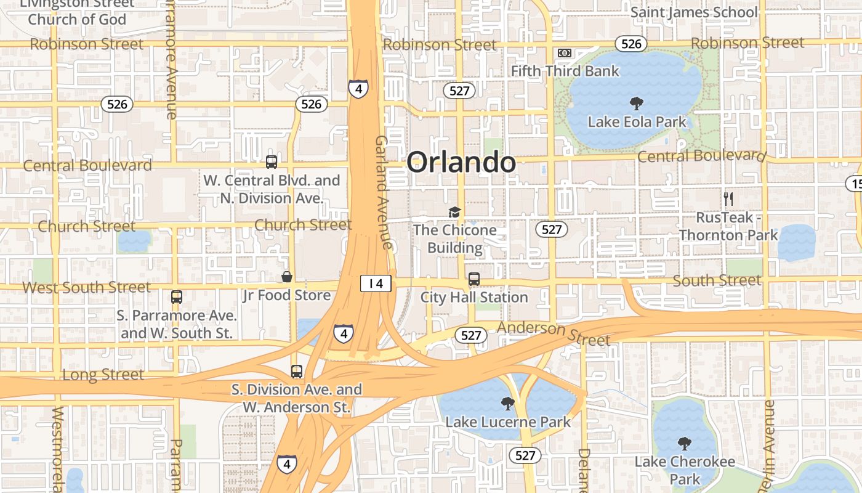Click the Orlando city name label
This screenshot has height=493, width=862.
pos(461,163)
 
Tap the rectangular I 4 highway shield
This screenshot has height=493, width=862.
pos(376,283)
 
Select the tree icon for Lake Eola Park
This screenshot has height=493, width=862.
pos(636,104)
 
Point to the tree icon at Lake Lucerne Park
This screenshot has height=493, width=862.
pos(508,404)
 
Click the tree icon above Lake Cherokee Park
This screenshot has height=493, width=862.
pos(684,444)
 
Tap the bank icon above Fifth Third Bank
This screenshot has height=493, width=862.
pos(565,53)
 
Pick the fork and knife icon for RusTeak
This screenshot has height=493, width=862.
pos(728,199)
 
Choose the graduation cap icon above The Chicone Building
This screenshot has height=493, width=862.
pos(454,212)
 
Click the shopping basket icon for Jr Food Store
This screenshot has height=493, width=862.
pos(286,277)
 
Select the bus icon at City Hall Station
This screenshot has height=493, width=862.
pos(474,279)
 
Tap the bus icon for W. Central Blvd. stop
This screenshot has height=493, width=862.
pos(272,162)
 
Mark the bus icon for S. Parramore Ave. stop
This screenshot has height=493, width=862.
pos(177,297)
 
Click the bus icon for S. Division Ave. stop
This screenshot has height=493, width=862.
pos(297,372)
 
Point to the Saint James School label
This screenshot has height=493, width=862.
pos(694,12)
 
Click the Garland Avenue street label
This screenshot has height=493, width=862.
pos(384,192)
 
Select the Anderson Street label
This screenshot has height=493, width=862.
pos(554,333)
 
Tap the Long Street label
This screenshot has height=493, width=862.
pos(103,375)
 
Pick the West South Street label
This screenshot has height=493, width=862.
pos(86,287)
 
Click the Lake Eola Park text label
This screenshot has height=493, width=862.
pos(637,122)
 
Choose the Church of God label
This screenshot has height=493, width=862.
pos(77,19)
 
